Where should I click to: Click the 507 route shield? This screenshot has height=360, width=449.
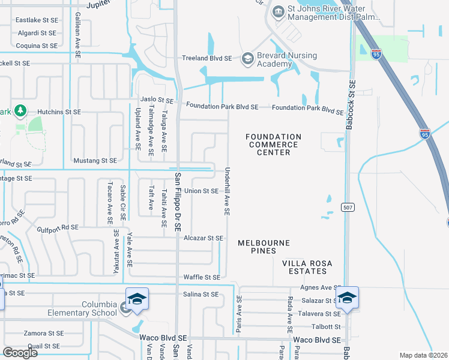tap(347, 207)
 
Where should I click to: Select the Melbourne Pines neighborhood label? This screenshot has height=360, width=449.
tap(264, 247)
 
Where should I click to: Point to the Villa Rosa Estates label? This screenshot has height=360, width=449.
tap(308, 268)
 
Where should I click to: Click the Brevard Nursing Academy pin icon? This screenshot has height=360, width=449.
tap(247, 59)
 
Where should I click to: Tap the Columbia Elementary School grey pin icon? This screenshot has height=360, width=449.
tap(124, 308)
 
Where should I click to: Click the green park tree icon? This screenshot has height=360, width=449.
tap(20, 111)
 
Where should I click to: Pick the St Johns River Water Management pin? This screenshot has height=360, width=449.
tap(278, 11)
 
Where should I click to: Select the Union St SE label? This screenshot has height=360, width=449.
tap(201, 191)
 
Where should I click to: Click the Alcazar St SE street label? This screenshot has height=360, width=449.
tap(203, 238)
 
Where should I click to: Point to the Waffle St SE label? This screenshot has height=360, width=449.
tap(201, 277)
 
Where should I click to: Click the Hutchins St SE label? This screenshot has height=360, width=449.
tap(59, 112)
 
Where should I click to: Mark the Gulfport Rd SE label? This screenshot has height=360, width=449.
tap(58, 227)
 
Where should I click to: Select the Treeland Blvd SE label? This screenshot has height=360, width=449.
tap(207, 59)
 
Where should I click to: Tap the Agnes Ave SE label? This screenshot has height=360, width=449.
tap(324, 287)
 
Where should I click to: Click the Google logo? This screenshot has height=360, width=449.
tap(20, 353)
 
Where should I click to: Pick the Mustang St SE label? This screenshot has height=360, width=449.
tap(95, 161)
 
